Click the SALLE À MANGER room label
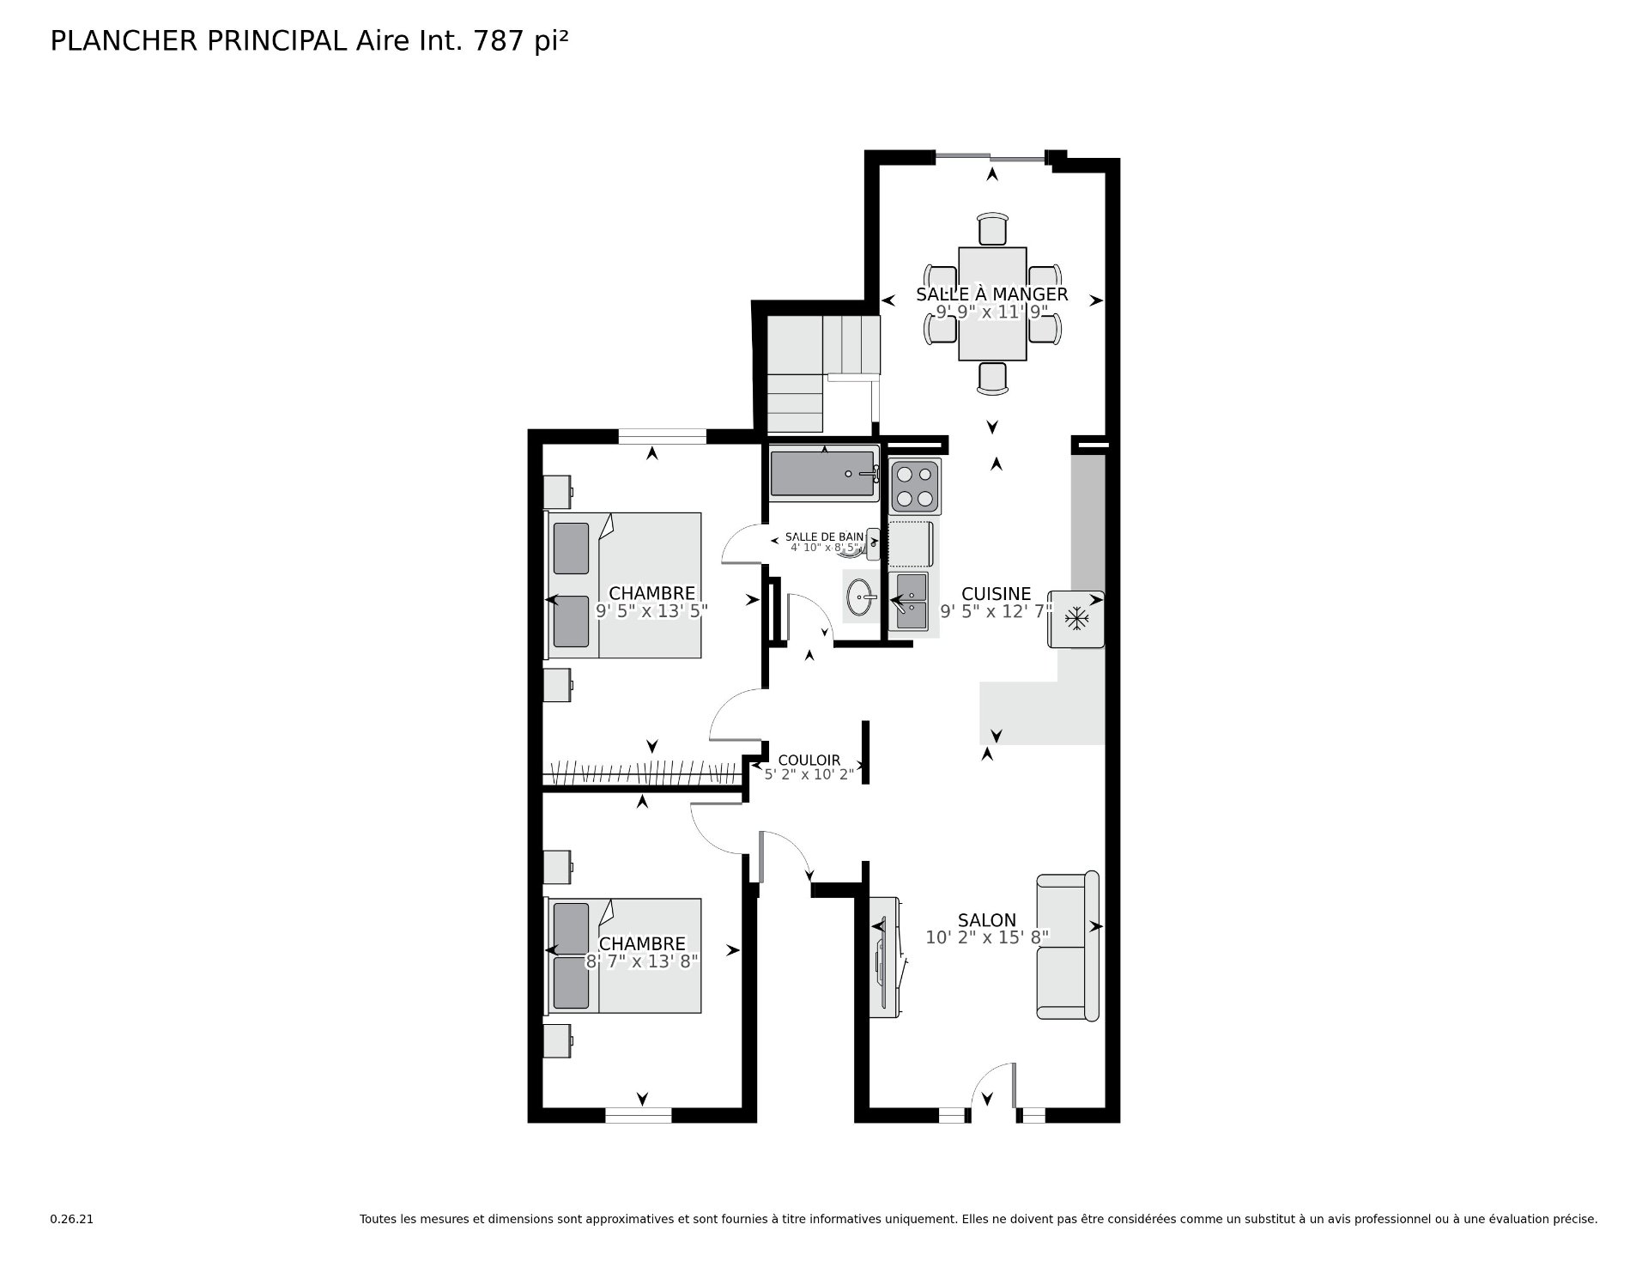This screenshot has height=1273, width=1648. pos(991,294)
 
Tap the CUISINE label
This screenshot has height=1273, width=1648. pos(996,594)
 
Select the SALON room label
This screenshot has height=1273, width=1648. pos(987,920)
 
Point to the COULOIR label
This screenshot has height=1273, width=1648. pos(809,761)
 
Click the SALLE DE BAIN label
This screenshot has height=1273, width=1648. pos(824,537)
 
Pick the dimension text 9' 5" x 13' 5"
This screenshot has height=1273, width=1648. pos(651,611)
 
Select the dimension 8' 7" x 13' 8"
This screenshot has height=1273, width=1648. pos(642,962)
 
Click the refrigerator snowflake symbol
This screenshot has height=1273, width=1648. pos(1075,618)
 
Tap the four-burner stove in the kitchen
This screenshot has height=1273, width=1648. pos(914,486)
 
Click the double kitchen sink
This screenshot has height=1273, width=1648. pos(910,601)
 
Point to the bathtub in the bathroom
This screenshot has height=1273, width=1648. pos(825,473)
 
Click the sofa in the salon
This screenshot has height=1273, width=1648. pos(1068,946)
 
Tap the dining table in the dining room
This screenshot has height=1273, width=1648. pos(992,304)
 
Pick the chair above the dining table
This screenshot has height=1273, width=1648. pos(992,229)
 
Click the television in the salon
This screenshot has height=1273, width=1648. pos(884,958)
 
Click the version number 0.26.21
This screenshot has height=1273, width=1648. pos(71,1218)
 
